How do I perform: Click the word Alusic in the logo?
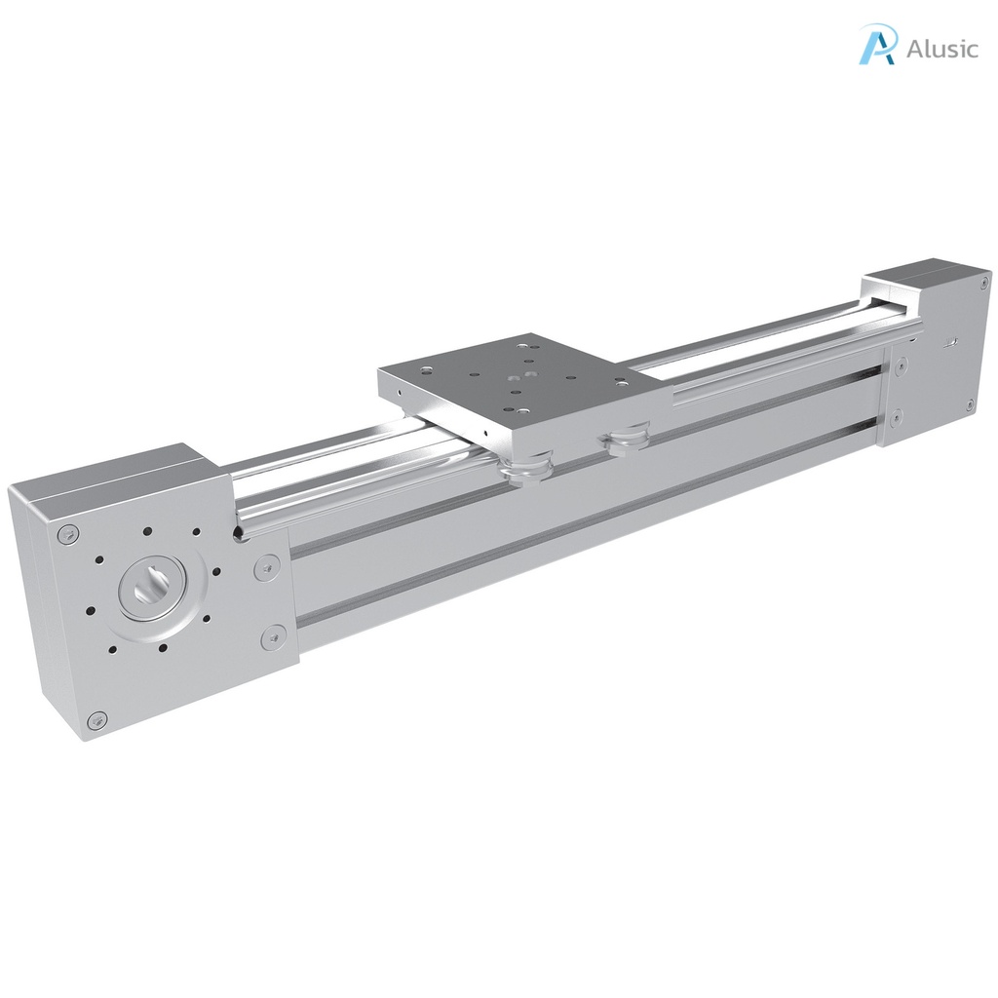tap(941, 49)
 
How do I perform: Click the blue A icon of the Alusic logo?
tap(877, 46)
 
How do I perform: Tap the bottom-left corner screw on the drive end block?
tap(94, 720)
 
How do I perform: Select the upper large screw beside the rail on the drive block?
tap(267, 566)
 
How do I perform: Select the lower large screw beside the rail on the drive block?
tap(272, 638)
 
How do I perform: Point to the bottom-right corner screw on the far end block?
tap(970, 403)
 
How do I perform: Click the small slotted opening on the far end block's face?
tap(951, 343)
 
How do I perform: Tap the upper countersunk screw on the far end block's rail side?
tap(901, 365)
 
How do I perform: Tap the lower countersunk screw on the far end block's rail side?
tap(896, 417)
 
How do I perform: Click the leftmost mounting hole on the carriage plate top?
tap(426, 370)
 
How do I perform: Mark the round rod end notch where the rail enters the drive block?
tap(237, 532)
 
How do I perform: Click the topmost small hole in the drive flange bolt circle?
tap(147, 532)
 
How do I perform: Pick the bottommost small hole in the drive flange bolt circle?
tap(162, 647)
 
